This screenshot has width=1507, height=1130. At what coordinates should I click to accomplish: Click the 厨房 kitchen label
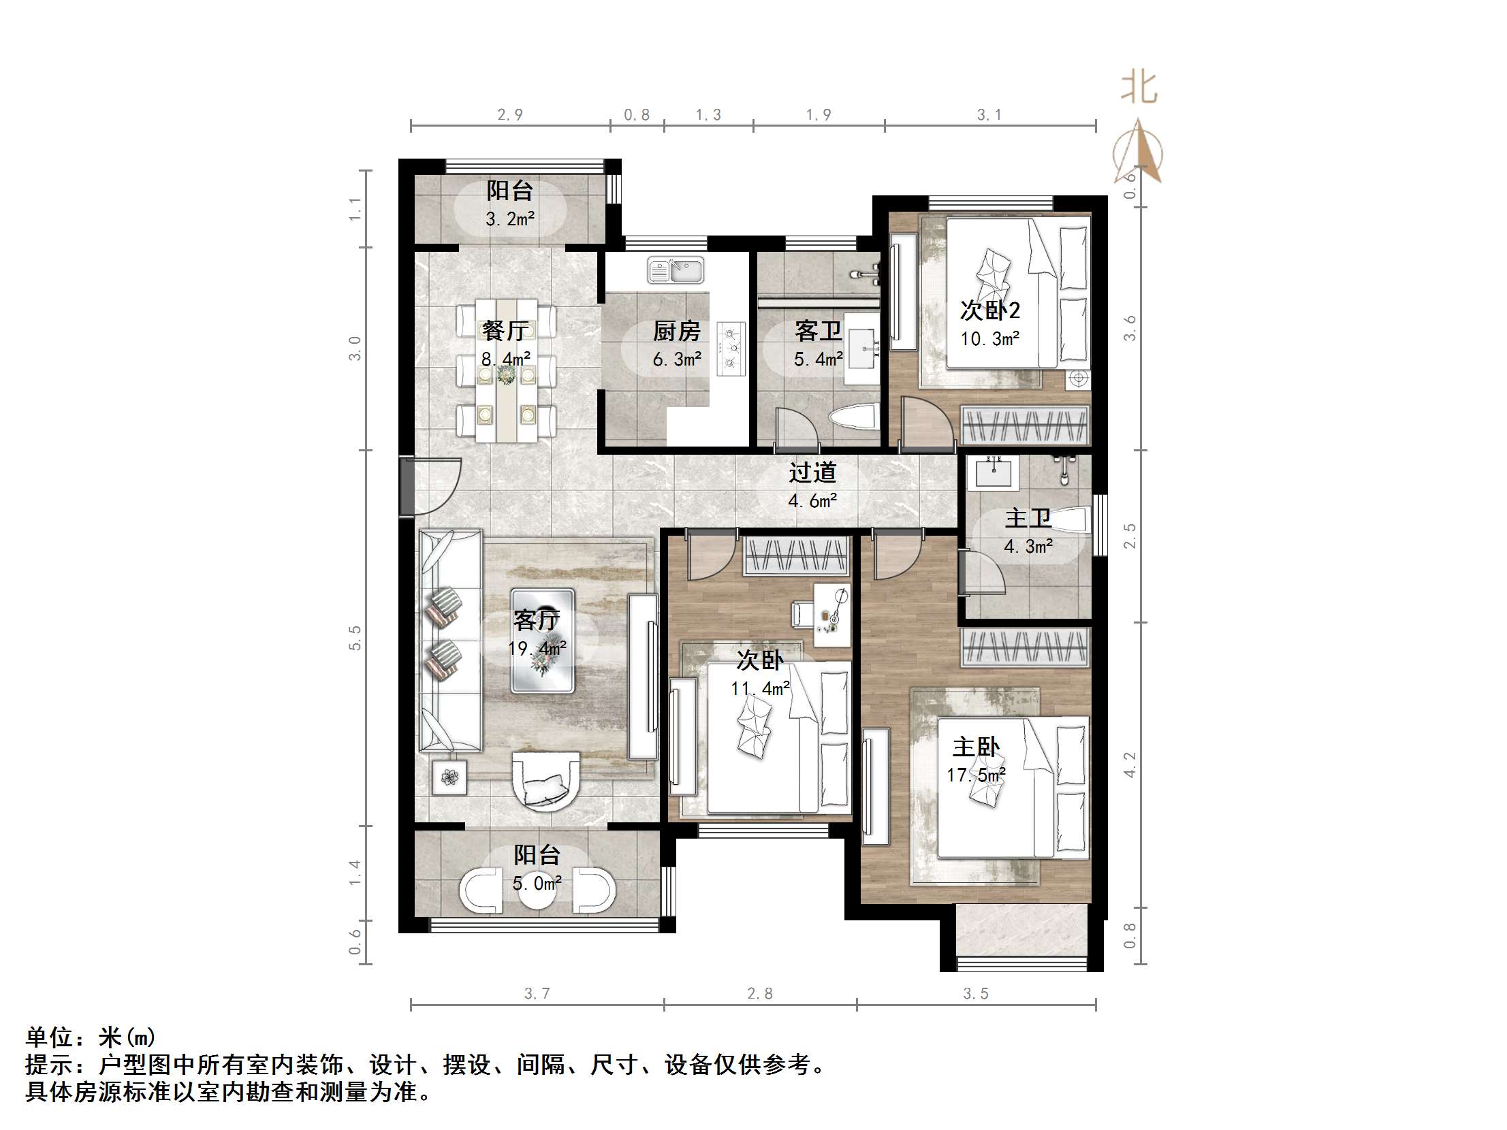point(676,332)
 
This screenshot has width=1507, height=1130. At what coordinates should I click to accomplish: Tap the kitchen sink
point(676,270)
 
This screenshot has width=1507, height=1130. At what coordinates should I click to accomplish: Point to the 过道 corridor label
point(812,472)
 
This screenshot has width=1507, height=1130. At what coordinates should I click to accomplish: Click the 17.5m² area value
point(976,775)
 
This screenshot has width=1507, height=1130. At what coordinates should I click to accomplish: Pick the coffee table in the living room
point(543,641)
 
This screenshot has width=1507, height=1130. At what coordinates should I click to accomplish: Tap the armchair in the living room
point(545,781)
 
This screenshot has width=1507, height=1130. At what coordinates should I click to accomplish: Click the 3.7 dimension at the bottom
point(537,994)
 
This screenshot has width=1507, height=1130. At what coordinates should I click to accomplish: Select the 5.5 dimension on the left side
point(355,638)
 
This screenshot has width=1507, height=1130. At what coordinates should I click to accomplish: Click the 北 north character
point(1139,88)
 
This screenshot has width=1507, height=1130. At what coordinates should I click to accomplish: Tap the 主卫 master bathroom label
point(1028,518)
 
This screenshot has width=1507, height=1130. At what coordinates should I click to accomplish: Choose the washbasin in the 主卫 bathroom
point(994,471)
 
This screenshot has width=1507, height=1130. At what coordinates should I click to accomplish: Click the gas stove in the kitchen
point(731,349)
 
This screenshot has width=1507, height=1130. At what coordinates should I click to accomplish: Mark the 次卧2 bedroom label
point(990,310)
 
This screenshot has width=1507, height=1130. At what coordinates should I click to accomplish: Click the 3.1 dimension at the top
point(989,115)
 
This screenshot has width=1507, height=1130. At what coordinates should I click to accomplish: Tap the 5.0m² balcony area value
point(537,884)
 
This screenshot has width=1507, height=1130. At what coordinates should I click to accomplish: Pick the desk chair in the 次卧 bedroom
point(802,613)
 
